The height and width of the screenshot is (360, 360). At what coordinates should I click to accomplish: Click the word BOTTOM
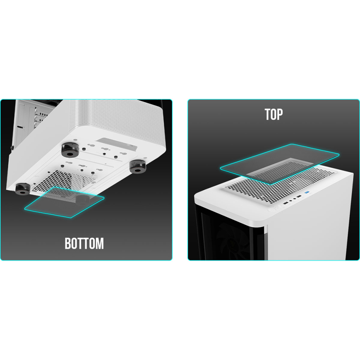[x=84, y=244]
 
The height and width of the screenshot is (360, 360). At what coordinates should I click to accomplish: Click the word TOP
[x=274, y=114]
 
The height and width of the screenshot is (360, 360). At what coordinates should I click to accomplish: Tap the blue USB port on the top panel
[x=306, y=192]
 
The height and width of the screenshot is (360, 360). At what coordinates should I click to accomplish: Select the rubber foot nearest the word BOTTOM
[x=22, y=189]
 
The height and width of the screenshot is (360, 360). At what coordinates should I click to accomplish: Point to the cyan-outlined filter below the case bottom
[x=64, y=202]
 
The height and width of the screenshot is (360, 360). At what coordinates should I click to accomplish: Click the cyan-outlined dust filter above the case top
[x=279, y=164]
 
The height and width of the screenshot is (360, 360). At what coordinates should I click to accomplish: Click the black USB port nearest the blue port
[x=299, y=197]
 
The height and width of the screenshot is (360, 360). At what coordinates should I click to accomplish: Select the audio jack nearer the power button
[x=290, y=201]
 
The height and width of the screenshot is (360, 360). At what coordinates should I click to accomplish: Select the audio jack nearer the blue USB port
[x=295, y=199]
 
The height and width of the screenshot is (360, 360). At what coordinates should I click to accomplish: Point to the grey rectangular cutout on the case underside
[x=117, y=144]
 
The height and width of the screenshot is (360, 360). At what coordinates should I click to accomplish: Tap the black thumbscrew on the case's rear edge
[x=12, y=147]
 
